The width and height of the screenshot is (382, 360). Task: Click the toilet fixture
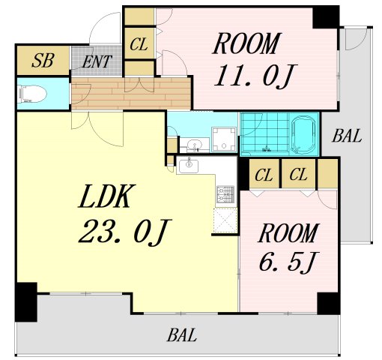click(x=32, y=94)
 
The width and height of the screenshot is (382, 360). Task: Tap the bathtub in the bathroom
click(x=303, y=134)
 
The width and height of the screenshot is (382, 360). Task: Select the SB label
click(x=43, y=61)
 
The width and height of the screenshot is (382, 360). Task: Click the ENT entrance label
click(x=97, y=61)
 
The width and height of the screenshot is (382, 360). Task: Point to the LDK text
click(x=107, y=196)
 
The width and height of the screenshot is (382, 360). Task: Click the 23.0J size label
click(x=124, y=232)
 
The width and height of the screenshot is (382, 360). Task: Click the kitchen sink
click(x=189, y=165)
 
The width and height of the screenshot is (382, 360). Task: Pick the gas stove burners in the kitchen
click(x=225, y=194)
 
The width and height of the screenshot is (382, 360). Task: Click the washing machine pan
click(x=224, y=139)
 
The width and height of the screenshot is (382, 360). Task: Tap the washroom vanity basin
click(x=195, y=145)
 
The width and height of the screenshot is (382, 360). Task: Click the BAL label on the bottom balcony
click(x=182, y=335)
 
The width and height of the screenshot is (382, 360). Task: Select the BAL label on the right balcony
click(x=347, y=136)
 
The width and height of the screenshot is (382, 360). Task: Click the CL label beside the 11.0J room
click(x=139, y=44)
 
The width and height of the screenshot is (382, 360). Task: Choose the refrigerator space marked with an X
click(x=225, y=220)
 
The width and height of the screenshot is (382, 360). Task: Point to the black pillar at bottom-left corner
click(x=26, y=302)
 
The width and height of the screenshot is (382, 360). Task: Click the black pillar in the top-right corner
click(x=326, y=17)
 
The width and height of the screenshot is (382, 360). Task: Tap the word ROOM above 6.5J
click(x=288, y=233)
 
